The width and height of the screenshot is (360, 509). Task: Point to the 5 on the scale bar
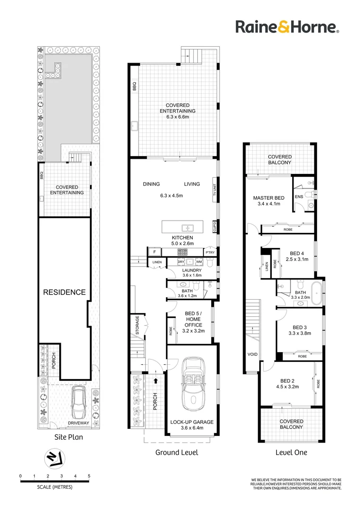(89, 476)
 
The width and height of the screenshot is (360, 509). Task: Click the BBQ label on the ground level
(134, 87)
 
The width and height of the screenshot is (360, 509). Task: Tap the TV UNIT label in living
(214, 190)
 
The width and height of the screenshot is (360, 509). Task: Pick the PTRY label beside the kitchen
(211, 253)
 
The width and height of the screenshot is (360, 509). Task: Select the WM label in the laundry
(199, 261)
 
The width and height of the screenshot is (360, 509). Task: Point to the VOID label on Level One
(253, 353)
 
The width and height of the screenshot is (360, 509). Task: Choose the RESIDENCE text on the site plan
(65, 292)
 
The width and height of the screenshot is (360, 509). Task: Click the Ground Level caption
(177, 452)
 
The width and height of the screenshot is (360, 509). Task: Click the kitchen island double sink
(187, 225)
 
